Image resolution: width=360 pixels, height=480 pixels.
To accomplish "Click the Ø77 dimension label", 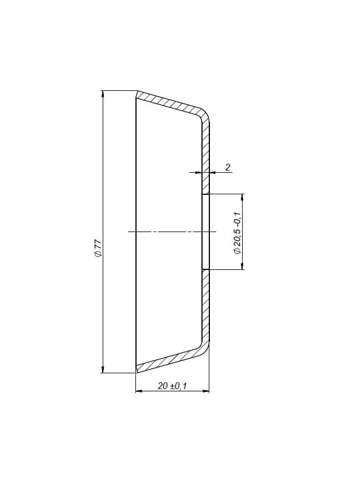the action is pyautogui.click(x=98, y=248).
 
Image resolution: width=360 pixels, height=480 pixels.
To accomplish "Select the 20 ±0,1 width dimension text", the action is pyautogui.click(x=172, y=386).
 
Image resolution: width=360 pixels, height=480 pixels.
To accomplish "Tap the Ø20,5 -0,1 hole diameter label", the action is pyautogui.click(x=238, y=233).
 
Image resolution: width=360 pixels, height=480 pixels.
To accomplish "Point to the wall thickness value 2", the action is pyautogui.click(x=227, y=167).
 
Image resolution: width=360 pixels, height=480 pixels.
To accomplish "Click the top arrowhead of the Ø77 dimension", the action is pyautogui.click(x=103, y=94).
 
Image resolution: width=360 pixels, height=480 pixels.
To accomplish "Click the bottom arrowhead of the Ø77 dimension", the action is pyautogui.click(x=103, y=369).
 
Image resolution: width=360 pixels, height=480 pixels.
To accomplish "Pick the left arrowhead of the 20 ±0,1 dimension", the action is pyautogui.click(x=139, y=391).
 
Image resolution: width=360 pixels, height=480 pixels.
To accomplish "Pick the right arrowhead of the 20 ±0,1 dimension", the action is pyautogui.click(x=205, y=391).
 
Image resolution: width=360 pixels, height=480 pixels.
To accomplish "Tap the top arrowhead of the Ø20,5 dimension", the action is pyautogui.click(x=243, y=198).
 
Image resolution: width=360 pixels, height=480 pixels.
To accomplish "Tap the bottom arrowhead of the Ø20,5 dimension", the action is pyautogui.click(x=243, y=266).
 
